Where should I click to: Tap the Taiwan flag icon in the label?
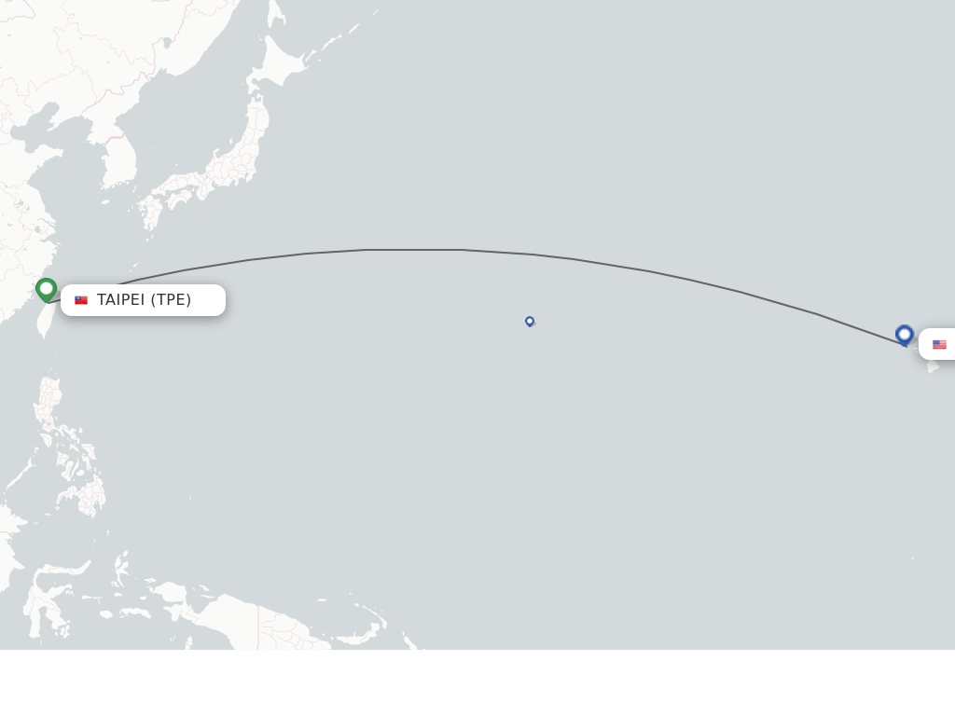pyautogui.click(x=81, y=300)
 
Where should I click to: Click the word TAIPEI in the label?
pyautogui.click(x=120, y=300)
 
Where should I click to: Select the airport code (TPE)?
pyautogui.click(x=171, y=300)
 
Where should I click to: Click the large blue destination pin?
pyautogui.click(x=904, y=334)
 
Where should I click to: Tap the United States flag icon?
pyautogui.click(x=939, y=345)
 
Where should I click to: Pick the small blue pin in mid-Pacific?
pyautogui.click(x=530, y=321)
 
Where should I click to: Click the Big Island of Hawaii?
pyautogui.click(x=933, y=366)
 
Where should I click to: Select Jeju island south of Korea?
pyautogui.click(x=105, y=202)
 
